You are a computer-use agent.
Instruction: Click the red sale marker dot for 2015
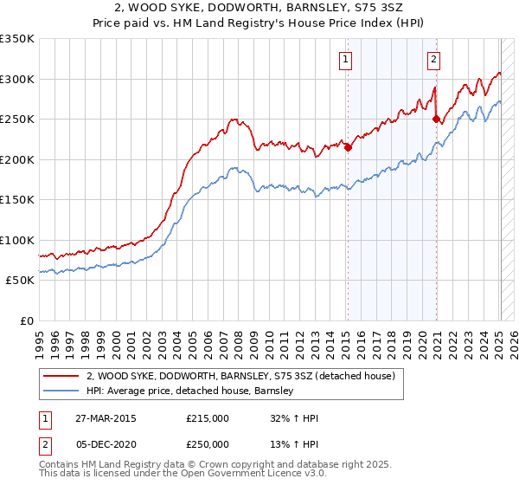348,147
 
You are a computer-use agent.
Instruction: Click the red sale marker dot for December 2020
437,120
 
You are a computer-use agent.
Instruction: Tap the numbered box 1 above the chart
345,60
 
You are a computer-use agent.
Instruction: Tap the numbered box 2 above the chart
432,60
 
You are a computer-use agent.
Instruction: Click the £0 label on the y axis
26,320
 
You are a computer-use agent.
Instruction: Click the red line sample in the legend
61,376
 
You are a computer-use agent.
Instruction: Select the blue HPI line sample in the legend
61,391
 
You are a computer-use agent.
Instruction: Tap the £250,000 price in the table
208,443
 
